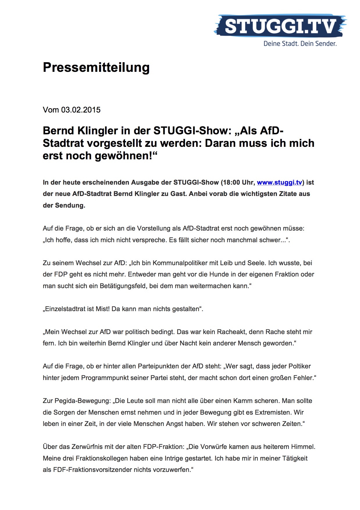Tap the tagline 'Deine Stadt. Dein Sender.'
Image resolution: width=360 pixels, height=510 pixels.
[300, 44]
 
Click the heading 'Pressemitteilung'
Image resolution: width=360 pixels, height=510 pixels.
[96, 67]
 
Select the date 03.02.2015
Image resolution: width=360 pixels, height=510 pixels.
[81, 110]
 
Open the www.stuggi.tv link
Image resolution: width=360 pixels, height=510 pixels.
[279, 183]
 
